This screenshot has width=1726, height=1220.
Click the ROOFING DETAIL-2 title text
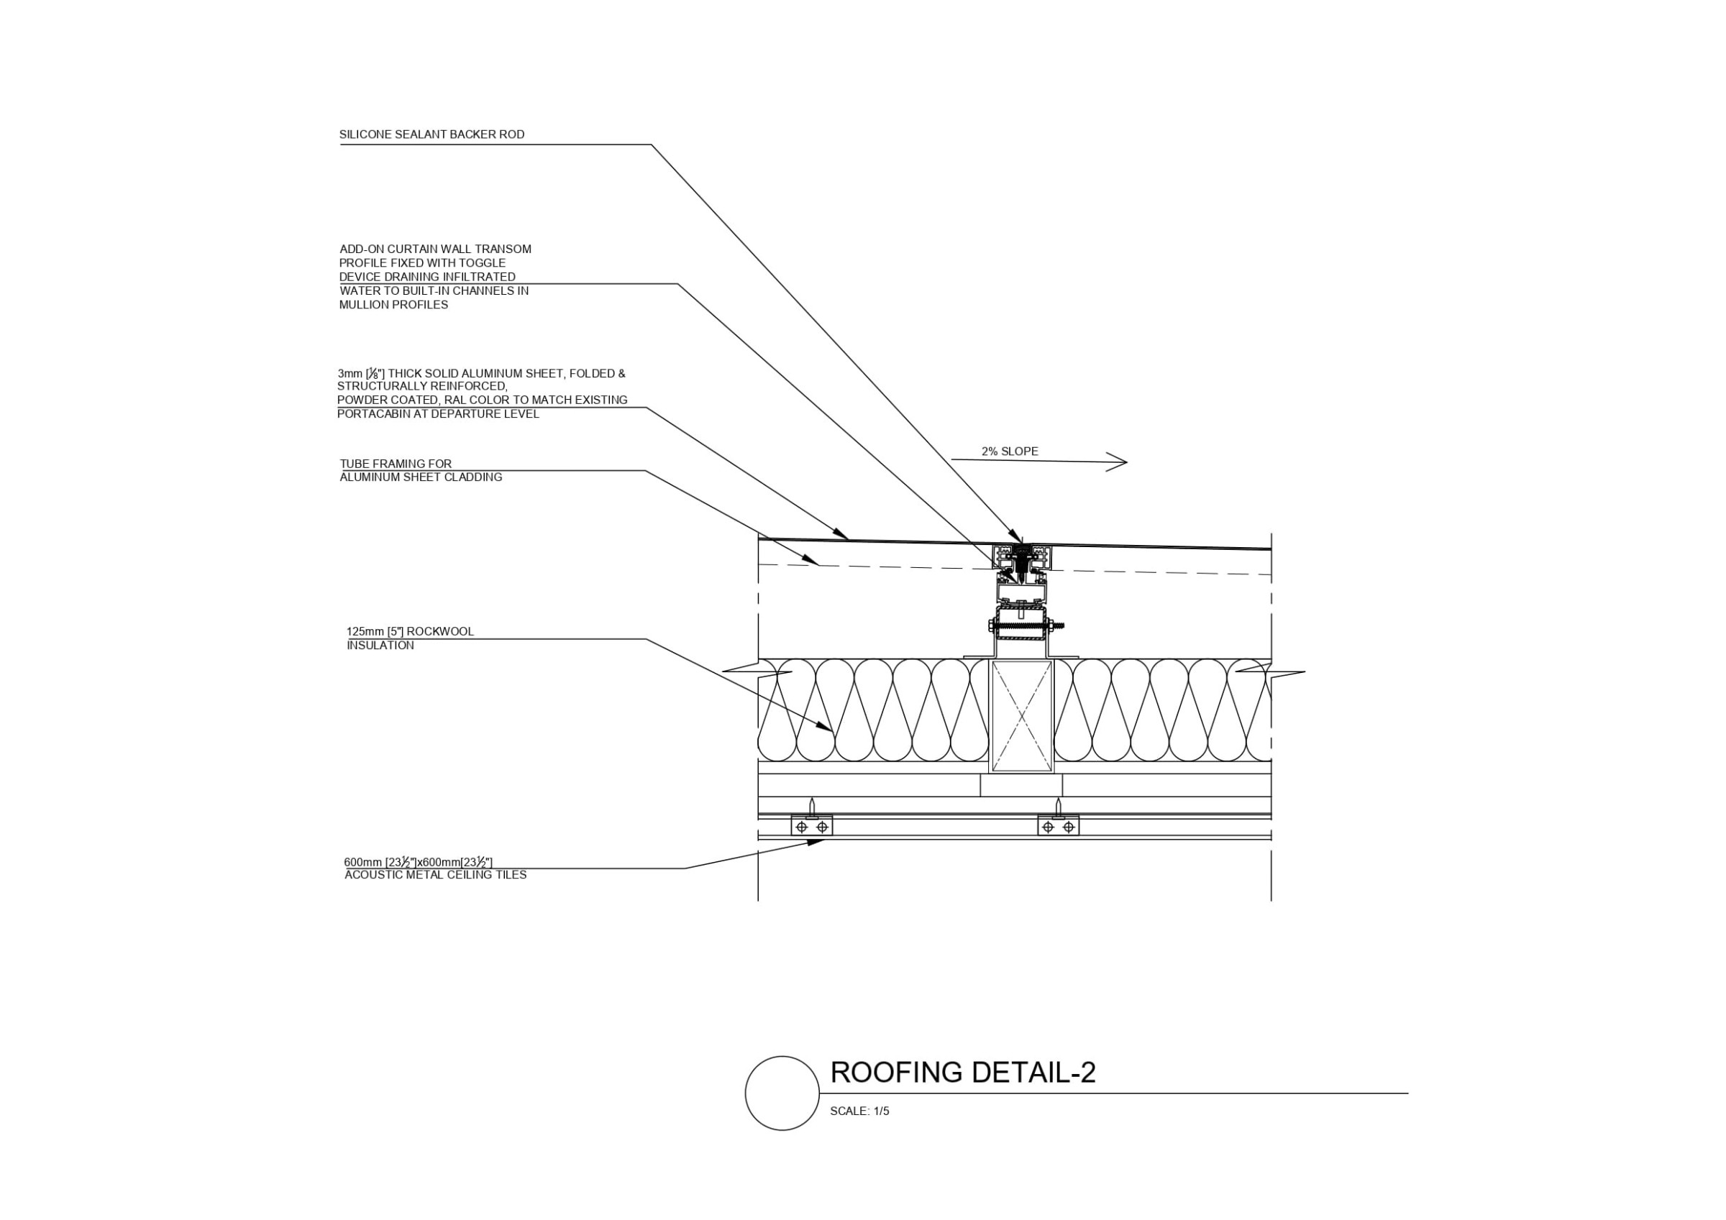962,1072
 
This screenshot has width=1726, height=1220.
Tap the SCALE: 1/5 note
859,1111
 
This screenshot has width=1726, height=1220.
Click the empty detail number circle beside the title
782,1093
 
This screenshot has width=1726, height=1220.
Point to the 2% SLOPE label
1010,451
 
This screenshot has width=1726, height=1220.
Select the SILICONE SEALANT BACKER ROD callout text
431,134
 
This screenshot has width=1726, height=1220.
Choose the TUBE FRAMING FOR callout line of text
396,464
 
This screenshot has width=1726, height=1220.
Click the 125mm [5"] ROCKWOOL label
410,631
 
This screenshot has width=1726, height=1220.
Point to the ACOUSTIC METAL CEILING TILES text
435,875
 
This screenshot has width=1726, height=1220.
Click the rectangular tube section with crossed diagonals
1022,715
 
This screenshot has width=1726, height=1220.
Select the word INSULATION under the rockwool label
380,646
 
